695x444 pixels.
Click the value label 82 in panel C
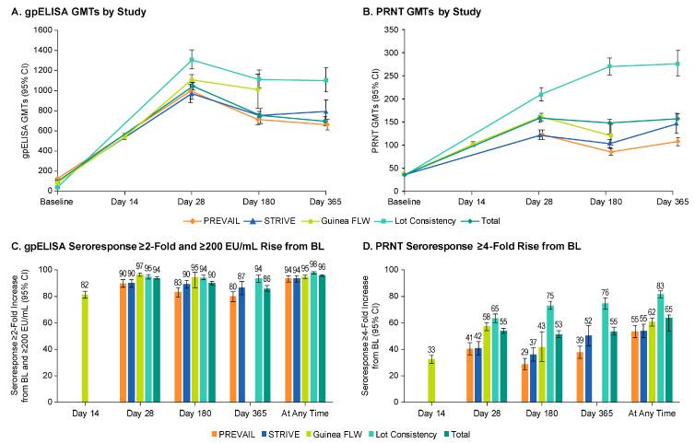(x=85, y=285)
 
